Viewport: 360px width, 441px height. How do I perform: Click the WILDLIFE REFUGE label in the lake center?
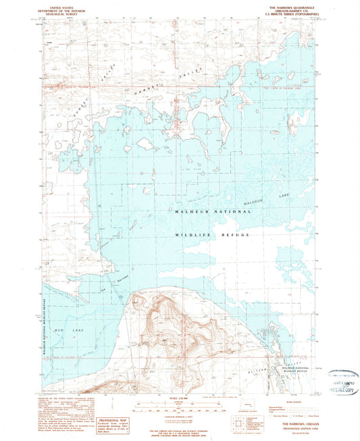coord(209,234)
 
